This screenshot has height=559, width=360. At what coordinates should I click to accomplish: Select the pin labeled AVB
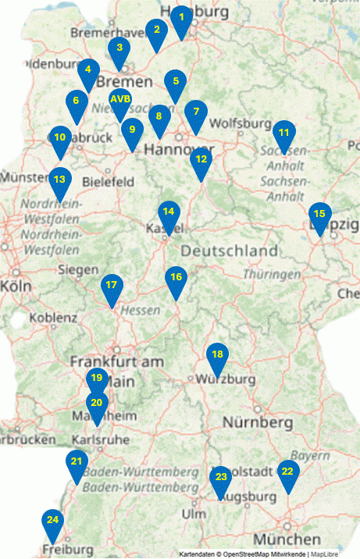pyautogui.click(x=121, y=100)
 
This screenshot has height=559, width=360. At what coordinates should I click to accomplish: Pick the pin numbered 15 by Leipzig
pyautogui.click(x=319, y=214)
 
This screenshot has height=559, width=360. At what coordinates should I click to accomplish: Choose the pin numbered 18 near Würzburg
pyautogui.click(x=218, y=355)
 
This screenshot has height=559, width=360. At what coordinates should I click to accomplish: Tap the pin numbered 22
pyautogui.click(x=287, y=472)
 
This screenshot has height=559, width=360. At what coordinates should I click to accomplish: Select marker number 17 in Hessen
pyautogui.click(x=112, y=286)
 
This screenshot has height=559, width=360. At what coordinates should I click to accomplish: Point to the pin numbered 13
pyautogui.click(x=60, y=180)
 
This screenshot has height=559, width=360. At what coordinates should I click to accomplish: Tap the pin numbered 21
pyautogui.click(x=77, y=462)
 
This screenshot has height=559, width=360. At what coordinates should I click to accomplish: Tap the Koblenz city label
pyautogui.click(x=54, y=318)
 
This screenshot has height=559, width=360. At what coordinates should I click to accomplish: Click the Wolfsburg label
pyautogui.click(x=233, y=123)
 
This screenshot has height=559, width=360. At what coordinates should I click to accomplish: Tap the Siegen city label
pyautogui.click(x=78, y=270)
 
